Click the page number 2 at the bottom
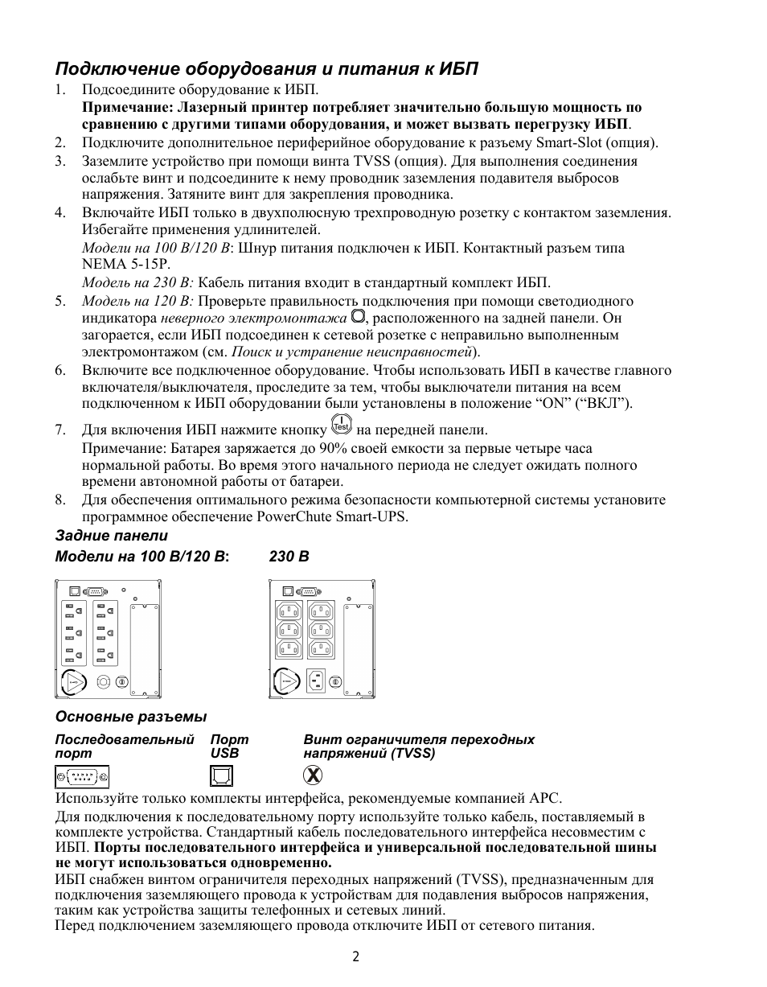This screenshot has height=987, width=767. tap(355, 956)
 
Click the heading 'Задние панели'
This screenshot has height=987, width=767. tap(111, 536)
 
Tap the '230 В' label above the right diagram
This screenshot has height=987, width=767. tap(289, 557)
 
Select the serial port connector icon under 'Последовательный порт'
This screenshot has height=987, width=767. tap(82, 776)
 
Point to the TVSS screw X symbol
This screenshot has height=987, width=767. tap(314, 775)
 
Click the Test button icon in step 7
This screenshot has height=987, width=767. tap(342, 426)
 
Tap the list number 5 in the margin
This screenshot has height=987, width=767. tap(60, 302)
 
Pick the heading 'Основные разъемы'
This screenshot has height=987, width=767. tap(130, 717)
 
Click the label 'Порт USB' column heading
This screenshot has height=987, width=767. tap(229, 746)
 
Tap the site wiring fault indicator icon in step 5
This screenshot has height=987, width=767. tap(359, 316)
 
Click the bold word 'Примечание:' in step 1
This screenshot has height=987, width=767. tap(128, 107)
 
